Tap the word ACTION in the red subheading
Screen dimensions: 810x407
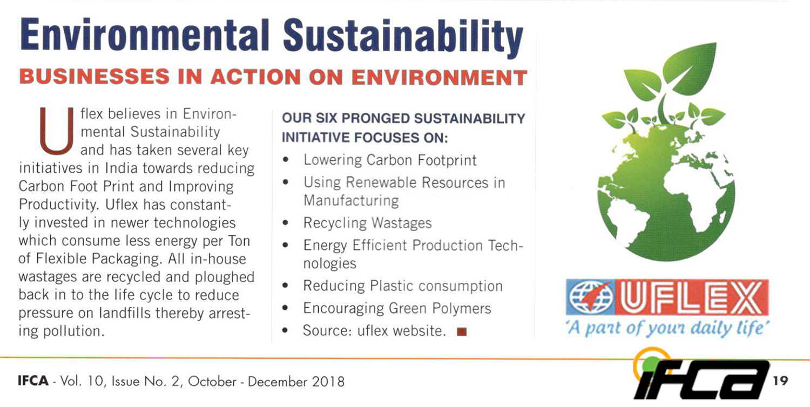pyautogui.click(x=255, y=77)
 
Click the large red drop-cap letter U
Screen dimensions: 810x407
pyautogui.click(x=56, y=131)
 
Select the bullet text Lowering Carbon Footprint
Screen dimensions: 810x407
pyautogui.click(x=390, y=160)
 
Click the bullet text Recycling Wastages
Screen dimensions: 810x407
pyautogui.click(x=367, y=223)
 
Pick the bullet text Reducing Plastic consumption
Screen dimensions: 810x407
pyautogui.click(x=403, y=286)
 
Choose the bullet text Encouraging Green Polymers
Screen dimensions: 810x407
pyautogui.click(x=397, y=308)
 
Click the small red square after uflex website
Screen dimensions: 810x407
pyautogui.click(x=462, y=331)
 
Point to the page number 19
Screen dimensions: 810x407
pyautogui.click(x=780, y=381)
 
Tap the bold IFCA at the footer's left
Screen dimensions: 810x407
pyautogui.click(x=33, y=381)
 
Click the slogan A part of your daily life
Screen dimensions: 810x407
pyautogui.click(x=667, y=328)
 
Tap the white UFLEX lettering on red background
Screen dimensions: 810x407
pyautogui.click(x=691, y=297)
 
